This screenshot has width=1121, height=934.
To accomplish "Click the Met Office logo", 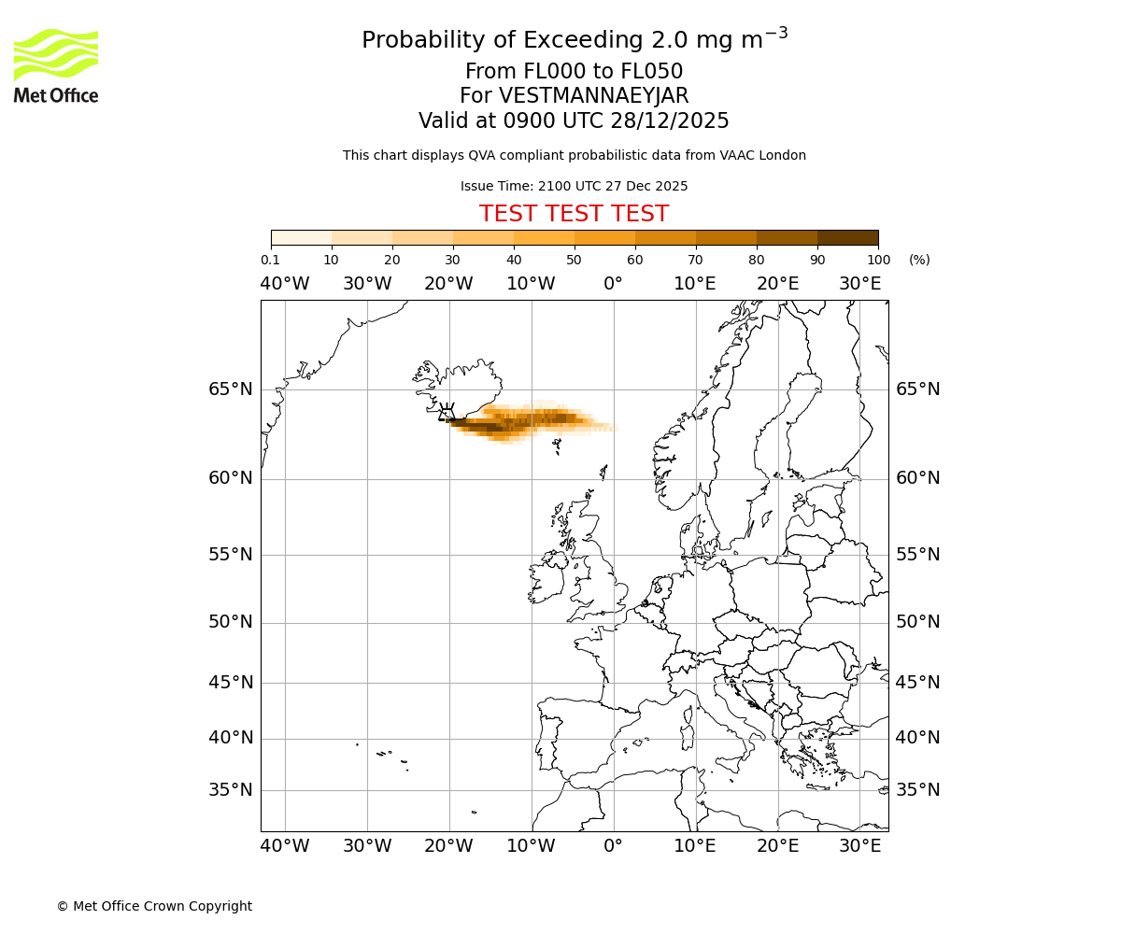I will tap(56, 65).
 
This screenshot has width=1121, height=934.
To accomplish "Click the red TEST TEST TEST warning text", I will tap(574, 214).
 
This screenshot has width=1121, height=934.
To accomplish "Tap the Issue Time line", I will tap(574, 186).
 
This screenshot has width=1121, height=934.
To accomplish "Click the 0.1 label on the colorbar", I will tap(270, 260).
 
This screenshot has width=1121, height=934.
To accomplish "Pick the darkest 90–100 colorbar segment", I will tap(847, 237).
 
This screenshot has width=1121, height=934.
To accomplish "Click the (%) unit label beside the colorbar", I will tap(919, 260).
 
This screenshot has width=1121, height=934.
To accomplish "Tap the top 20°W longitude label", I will tap(448, 284).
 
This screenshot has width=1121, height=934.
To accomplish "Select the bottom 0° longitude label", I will tap(613, 846).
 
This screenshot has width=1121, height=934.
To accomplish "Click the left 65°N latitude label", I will tap(230, 389).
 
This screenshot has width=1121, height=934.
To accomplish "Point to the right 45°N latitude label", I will tap(918, 683).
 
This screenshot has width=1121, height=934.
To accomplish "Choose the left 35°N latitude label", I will tap(230, 790).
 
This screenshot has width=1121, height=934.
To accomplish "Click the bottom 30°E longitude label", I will tap(859, 846).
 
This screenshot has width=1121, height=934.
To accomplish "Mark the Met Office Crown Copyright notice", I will tap(154, 906).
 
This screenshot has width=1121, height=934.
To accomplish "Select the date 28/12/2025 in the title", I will tap(670, 121).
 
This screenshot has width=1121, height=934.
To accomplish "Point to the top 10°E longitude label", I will tap(695, 284).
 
